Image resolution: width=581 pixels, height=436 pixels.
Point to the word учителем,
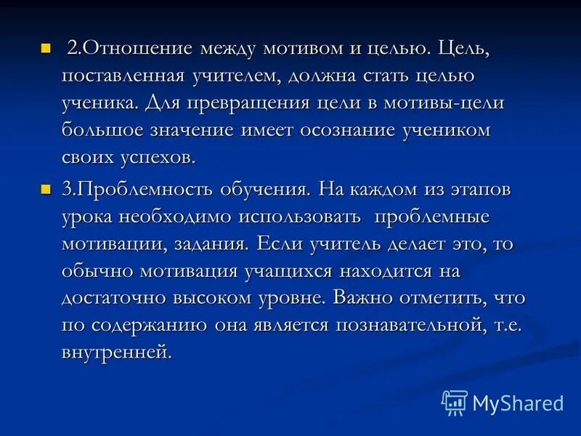[x=237, y=76]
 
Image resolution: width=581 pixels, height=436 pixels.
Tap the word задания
[x=211, y=244]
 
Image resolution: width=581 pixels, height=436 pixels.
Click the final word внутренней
[x=118, y=353]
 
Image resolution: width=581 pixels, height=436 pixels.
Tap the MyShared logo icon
[x=455, y=402]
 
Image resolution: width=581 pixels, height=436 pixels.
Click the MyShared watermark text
[x=518, y=403]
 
